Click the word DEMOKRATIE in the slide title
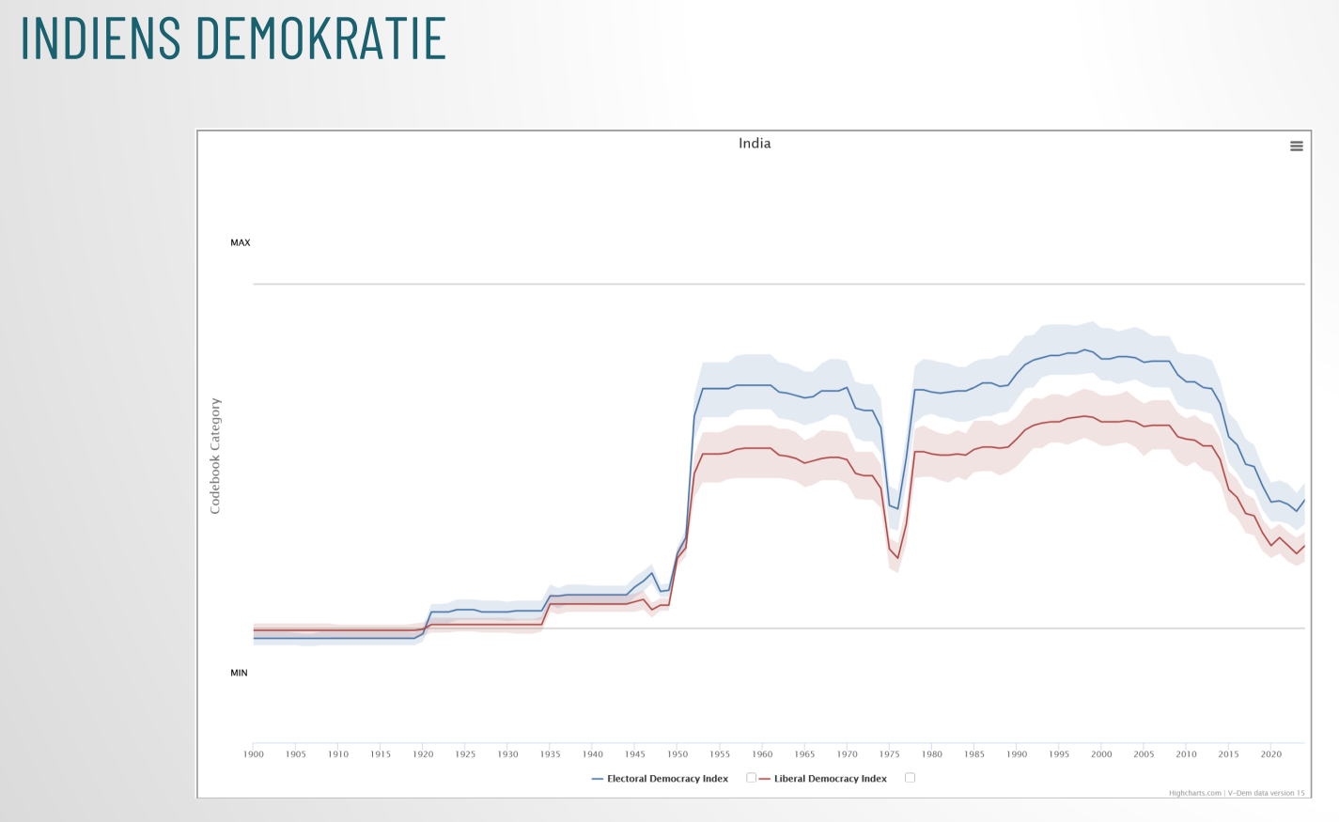tap(320, 38)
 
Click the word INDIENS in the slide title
tap(101, 38)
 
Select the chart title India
tap(755, 144)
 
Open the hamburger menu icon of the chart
tap(1297, 147)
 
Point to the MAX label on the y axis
tap(241, 242)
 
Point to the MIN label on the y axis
tap(240, 673)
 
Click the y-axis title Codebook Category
tap(215, 456)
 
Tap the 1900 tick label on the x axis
tap(254, 754)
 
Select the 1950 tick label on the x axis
tap(677, 754)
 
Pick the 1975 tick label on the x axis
tap(890, 754)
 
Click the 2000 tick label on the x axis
tap(1101, 754)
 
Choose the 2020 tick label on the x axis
tap(1271, 754)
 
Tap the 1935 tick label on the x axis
tap(551, 754)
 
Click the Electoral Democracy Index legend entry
tap(667, 779)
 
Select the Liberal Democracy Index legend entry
tap(830, 779)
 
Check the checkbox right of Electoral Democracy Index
tap(751, 778)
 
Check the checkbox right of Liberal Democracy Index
tap(910, 778)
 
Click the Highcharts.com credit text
tap(1195, 793)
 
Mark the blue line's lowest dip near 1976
tap(897, 508)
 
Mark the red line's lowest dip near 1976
tap(897, 558)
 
